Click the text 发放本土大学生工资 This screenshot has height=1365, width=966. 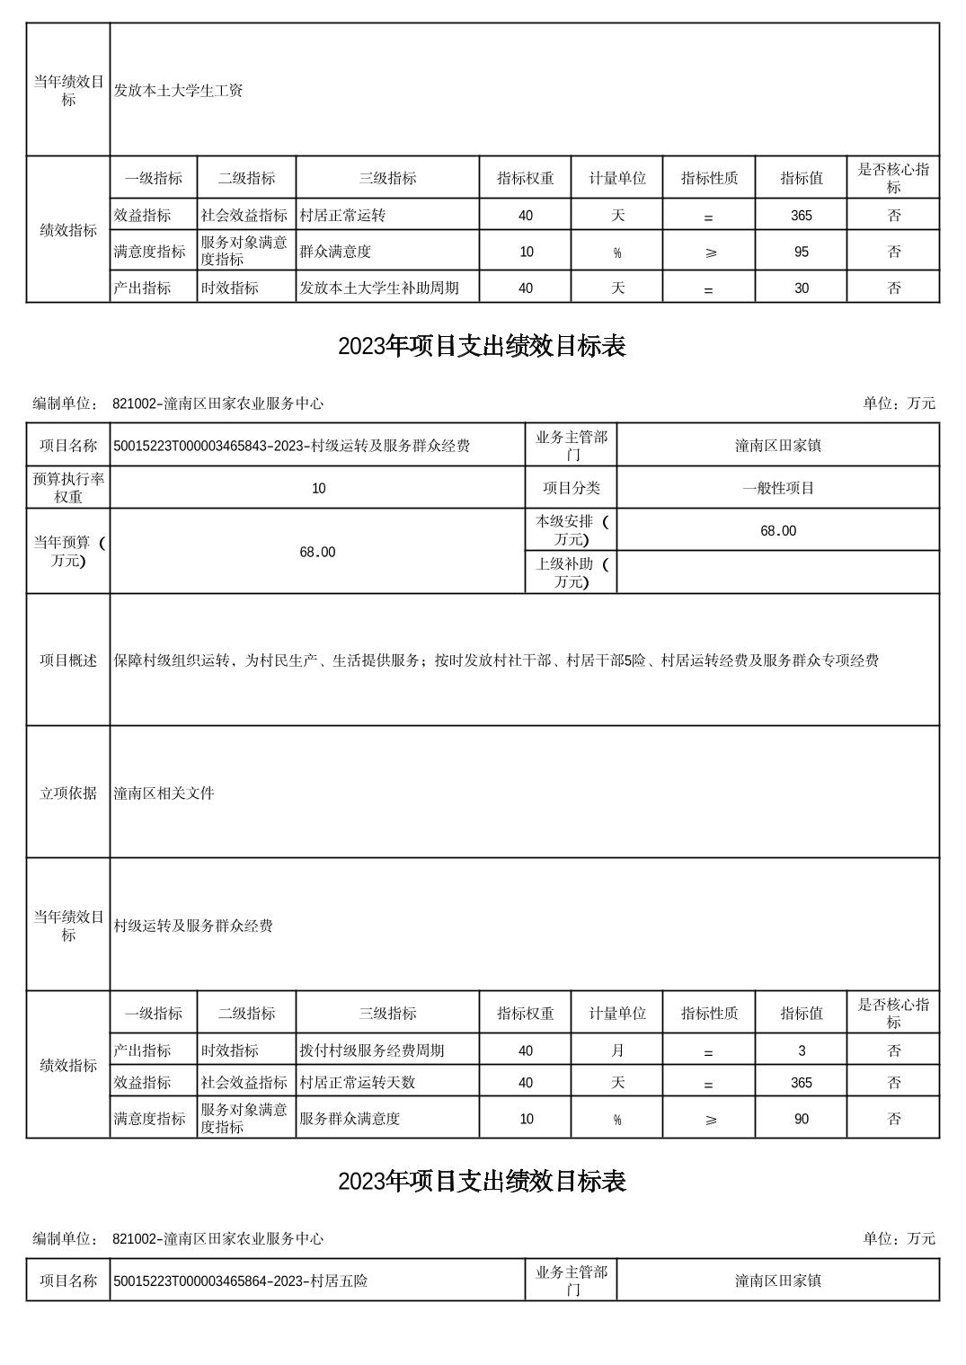[x=178, y=91]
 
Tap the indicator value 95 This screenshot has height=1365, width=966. [x=801, y=253]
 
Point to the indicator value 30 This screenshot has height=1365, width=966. [x=801, y=288]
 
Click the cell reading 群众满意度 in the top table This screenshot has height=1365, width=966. [x=335, y=253]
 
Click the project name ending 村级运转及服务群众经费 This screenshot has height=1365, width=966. [x=291, y=446]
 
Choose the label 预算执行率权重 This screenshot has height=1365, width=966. [x=68, y=488]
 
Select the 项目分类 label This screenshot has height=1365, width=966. [x=572, y=488]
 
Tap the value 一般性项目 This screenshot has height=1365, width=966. [x=778, y=488]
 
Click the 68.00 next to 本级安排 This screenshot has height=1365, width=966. [x=778, y=531]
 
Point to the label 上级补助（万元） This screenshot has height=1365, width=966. [x=572, y=572]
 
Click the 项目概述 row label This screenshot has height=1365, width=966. [x=68, y=660]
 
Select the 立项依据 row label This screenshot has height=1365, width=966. [x=68, y=793]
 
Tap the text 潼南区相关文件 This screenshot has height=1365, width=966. [x=164, y=793]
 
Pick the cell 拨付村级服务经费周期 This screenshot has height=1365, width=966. [x=371, y=1050]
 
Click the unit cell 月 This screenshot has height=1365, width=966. [x=617, y=1050]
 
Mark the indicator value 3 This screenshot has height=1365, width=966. [x=801, y=1050]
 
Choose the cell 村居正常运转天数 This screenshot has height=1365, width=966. [x=357, y=1083]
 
